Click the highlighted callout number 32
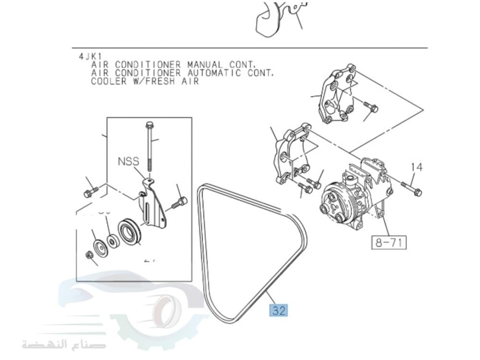[278, 310]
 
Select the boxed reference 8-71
[388, 242]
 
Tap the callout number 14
[417, 167]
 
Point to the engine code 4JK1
[88, 56]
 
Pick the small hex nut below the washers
[89, 254]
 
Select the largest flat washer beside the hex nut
[100, 247]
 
